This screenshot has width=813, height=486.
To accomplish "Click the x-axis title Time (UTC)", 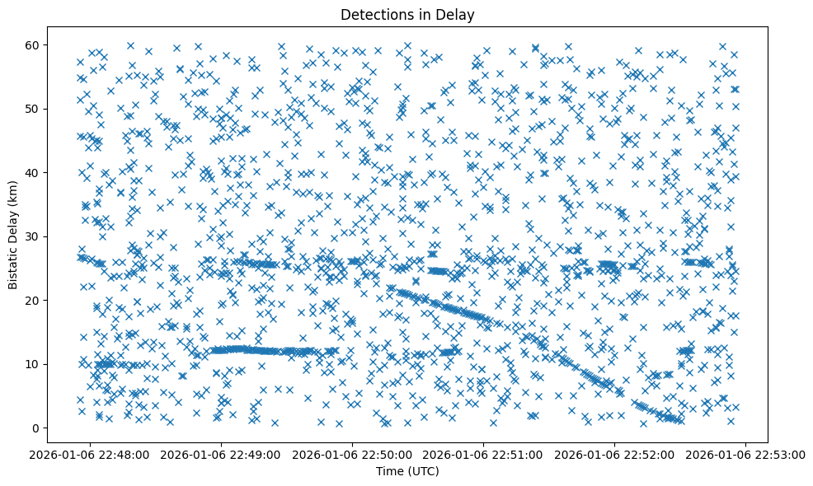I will click(x=407, y=471).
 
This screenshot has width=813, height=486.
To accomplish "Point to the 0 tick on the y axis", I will click(x=35, y=428).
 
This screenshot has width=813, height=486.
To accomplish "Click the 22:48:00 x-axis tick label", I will click(x=91, y=454).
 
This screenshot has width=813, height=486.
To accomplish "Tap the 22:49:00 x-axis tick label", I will click(x=222, y=454).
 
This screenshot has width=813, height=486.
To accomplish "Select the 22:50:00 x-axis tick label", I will click(x=353, y=454).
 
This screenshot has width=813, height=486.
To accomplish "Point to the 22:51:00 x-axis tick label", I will click(x=484, y=454).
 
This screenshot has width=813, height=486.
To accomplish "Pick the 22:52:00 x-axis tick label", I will click(x=615, y=454).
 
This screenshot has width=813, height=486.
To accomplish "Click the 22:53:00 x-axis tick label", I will click(x=746, y=454).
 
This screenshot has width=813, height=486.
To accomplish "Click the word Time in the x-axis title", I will click(x=390, y=471).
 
